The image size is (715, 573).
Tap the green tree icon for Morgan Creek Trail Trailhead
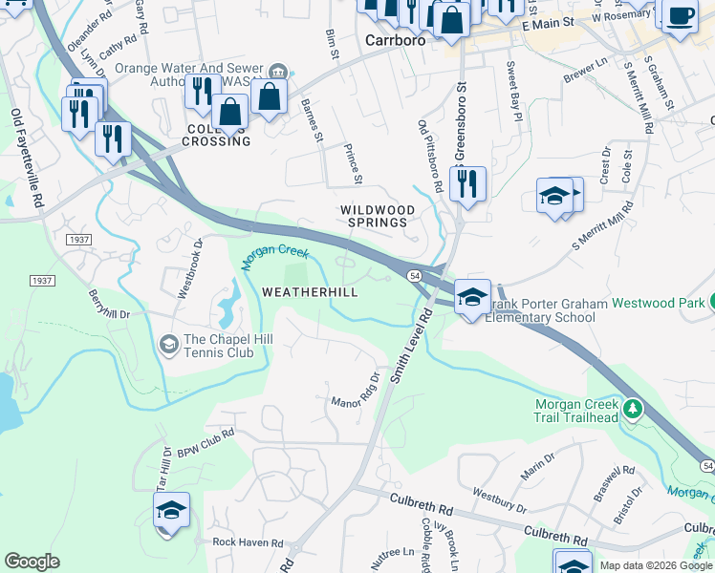[632, 410]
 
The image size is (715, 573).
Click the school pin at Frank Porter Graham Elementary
[472, 297]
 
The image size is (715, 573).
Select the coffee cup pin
[679, 16]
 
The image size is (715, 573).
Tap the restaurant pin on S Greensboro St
[467, 184]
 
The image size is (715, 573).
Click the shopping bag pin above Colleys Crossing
[230, 112]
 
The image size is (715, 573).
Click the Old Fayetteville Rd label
[27, 159]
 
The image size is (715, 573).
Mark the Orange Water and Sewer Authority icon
[277, 71]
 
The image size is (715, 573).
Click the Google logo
[32, 562]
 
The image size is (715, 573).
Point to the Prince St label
[352, 164]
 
